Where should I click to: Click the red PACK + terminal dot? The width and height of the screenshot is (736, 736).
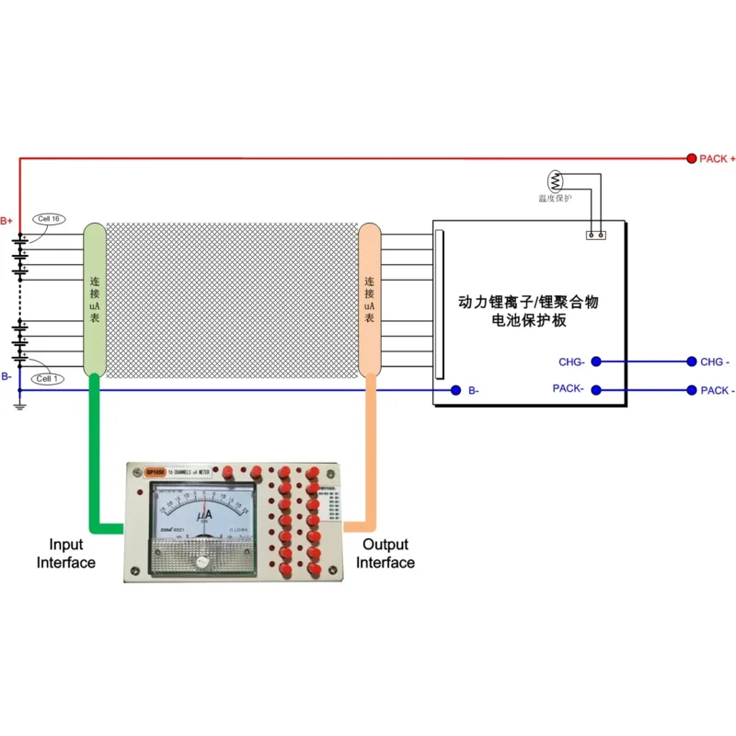(692, 158)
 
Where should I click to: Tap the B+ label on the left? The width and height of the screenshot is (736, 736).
(7, 221)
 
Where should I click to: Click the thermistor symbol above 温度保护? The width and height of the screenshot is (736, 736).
(556, 180)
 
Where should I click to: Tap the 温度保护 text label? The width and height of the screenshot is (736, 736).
(555, 198)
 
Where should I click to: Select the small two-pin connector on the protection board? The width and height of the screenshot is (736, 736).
(596, 235)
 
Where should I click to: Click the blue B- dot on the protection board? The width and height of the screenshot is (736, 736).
(455, 391)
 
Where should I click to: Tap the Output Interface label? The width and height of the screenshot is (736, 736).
(385, 553)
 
